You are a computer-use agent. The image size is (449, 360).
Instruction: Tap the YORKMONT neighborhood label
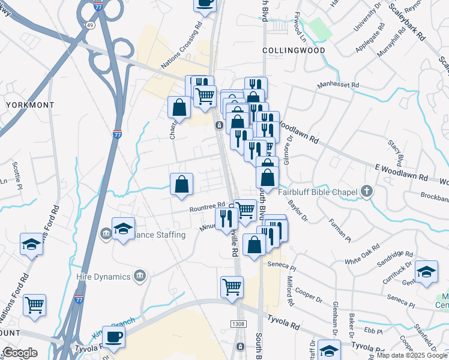tap(29, 104)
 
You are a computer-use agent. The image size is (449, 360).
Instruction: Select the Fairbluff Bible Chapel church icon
tap(367, 192)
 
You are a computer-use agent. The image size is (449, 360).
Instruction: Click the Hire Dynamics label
tap(104, 277)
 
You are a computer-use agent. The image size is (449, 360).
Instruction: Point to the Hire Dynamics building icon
tap(139, 276)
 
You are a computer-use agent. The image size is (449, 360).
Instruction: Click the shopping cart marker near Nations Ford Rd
tap(35, 304)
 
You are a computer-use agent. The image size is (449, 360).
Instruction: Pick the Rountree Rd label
tap(207, 208)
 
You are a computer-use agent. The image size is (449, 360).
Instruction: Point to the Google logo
tap(20, 353)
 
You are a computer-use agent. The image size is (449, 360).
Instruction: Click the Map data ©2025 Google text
tap(412, 355)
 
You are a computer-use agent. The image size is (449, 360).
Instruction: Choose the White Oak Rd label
tap(363, 255)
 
